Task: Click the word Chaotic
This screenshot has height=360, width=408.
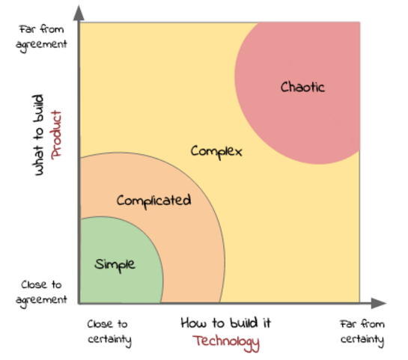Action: pos(302,87)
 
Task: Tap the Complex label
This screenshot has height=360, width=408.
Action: pos(216,152)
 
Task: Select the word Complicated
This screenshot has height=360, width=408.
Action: pos(153,201)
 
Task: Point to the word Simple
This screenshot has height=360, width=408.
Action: pos(115,265)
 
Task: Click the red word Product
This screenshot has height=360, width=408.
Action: pos(56,135)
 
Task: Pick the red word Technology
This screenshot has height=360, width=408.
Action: pos(226,343)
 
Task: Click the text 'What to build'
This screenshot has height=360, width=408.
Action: pos(38,135)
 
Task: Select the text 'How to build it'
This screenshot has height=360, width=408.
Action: pos(226,323)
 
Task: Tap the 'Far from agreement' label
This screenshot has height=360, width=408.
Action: pos(41,37)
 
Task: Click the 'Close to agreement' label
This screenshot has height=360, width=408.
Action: pos(41,293)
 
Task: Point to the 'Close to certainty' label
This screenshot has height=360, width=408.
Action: pos(109,333)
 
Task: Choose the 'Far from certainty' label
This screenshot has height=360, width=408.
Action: pos(362,333)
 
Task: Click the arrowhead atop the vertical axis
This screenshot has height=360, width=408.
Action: pos(79,13)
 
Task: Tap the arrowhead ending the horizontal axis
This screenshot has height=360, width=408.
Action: pos(379,303)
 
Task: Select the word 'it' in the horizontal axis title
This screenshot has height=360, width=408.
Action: pos(267,323)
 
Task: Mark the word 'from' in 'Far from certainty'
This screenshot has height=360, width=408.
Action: pos(373,324)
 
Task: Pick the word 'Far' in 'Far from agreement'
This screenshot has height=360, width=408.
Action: pos(27,29)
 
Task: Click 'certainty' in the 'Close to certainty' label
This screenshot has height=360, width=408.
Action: pos(109,340)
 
